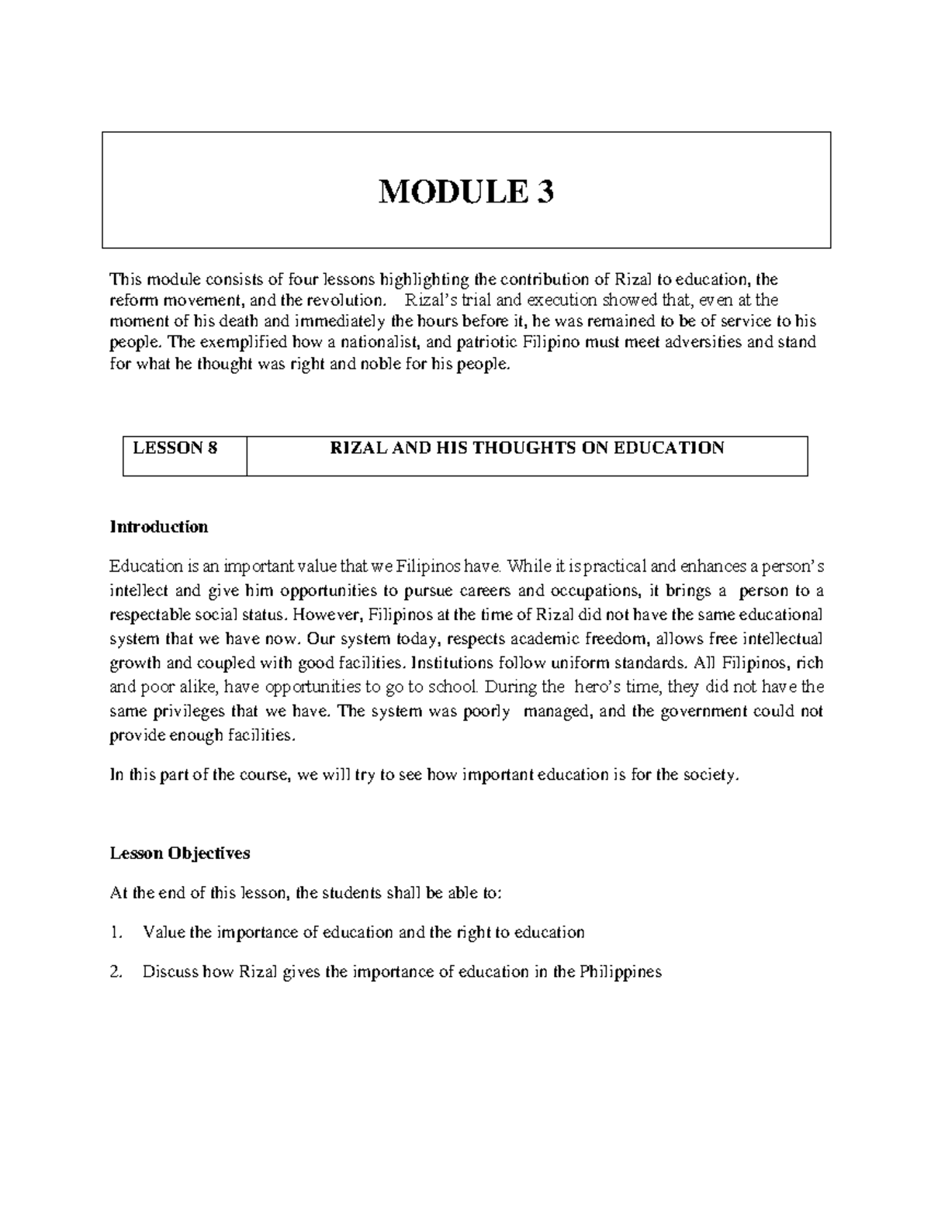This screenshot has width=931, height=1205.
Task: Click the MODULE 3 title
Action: pyautogui.click(x=465, y=191)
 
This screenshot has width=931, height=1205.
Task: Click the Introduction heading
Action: pyautogui.click(x=159, y=527)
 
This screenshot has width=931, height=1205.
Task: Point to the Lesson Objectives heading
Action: pyautogui.click(x=180, y=853)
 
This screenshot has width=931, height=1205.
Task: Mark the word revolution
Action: pyautogui.click(x=348, y=300)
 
